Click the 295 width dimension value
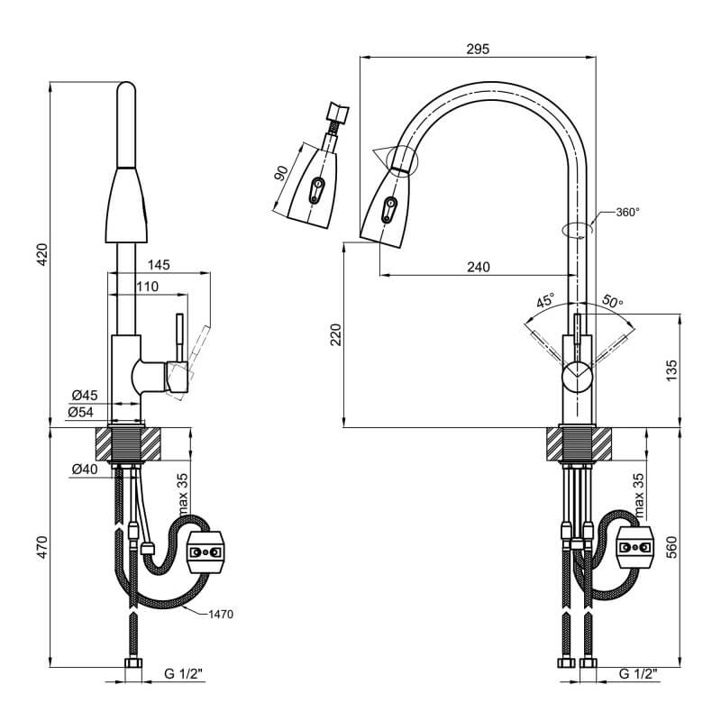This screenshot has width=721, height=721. tap(478, 49)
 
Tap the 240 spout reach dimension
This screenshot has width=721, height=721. tap(479, 267)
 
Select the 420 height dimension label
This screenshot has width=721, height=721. tap(42, 254)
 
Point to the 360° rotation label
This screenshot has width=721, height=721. tap(627, 213)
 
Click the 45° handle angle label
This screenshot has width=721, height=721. tap(546, 301)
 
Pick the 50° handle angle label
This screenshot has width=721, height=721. tap(612, 302)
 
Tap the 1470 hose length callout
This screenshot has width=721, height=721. tap(221, 615)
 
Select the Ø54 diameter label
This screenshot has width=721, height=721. tap(80, 413)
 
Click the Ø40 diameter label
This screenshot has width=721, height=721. tap(85, 469)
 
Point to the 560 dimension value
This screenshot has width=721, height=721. tap(671, 547)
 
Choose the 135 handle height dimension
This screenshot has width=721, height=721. tap(671, 370)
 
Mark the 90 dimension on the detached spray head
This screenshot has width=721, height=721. tap(280, 172)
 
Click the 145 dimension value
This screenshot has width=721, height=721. tap(159, 265)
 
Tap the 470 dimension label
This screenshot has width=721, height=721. tap(42, 547)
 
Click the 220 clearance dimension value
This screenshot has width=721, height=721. tap(336, 334)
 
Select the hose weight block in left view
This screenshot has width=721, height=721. tap(205, 552)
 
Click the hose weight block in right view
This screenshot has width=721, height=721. tap(634, 547)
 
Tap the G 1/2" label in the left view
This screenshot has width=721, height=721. tap(184, 674)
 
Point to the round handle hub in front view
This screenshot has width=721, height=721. tap(578, 376)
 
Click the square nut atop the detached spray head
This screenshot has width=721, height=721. tap(338, 112)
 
